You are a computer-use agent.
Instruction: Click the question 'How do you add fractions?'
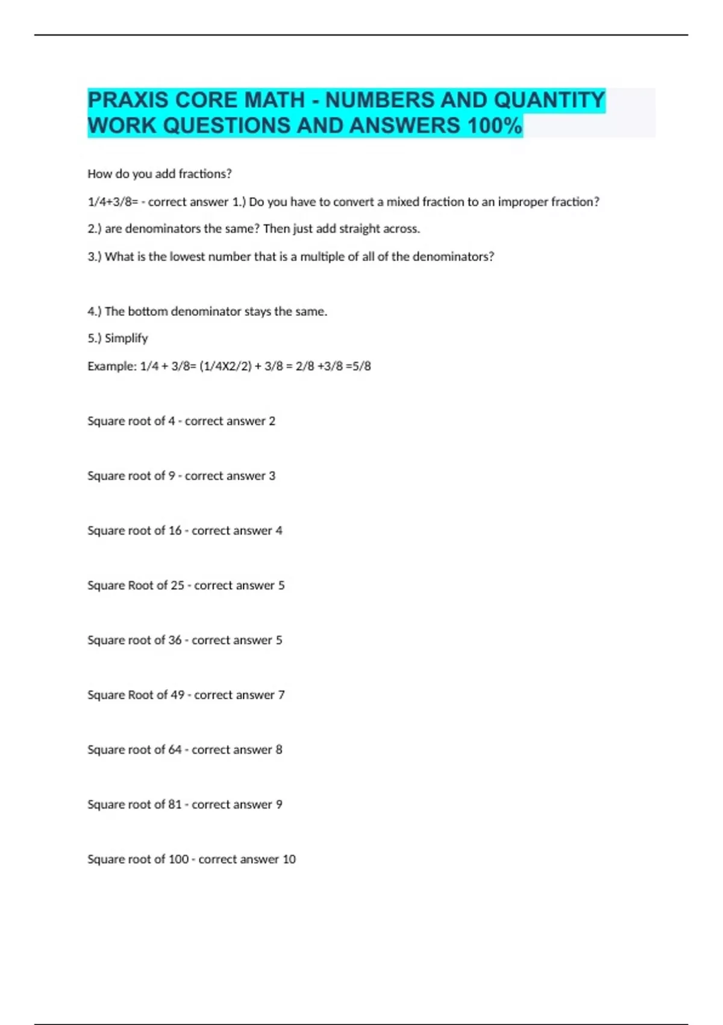[x=160, y=174]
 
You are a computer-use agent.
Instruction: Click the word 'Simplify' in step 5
[x=126, y=338]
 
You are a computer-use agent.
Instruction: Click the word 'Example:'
[x=112, y=366]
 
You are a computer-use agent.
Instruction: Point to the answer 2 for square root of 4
[x=272, y=421]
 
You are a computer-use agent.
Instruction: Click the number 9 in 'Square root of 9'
[x=172, y=476]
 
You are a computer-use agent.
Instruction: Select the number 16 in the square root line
[x=175, y=531]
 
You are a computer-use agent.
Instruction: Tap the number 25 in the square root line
[x=177, y=585]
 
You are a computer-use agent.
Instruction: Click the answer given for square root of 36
[x=279, y=640]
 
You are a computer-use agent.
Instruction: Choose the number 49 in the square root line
[x=177, y=695]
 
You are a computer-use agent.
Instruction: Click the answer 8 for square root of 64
[x=279, y=750]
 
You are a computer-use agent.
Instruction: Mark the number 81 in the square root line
[x=175, y=805]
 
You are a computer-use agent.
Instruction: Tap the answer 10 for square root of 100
[x=289, y=859]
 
